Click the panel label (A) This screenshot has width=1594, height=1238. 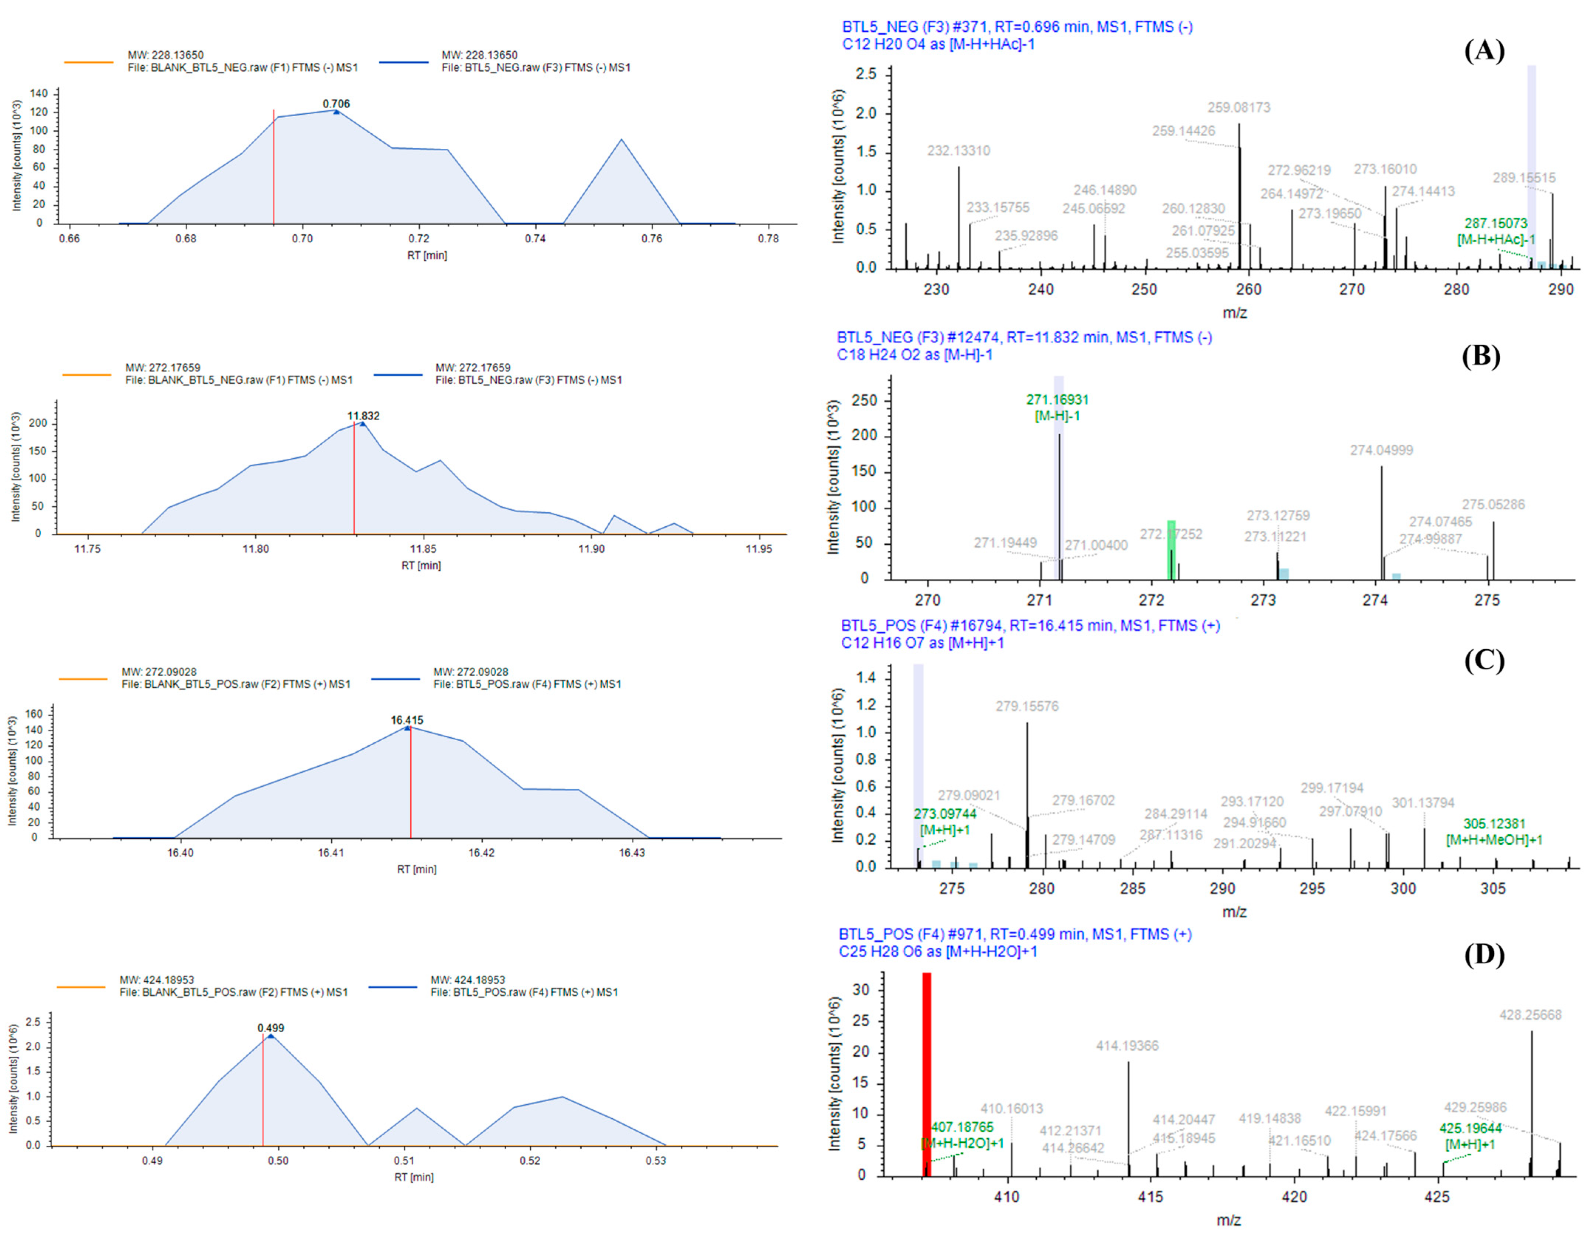1484,51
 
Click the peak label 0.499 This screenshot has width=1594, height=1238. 271,1028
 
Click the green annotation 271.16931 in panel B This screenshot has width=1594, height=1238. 1057,400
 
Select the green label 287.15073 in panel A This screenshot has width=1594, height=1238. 1495,223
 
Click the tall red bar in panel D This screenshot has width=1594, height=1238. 926,1073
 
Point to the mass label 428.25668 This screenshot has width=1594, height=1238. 1530,1015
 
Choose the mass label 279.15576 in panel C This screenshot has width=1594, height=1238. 1026,706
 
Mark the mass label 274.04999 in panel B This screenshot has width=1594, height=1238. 1381,450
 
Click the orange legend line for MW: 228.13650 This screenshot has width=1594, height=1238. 88,62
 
